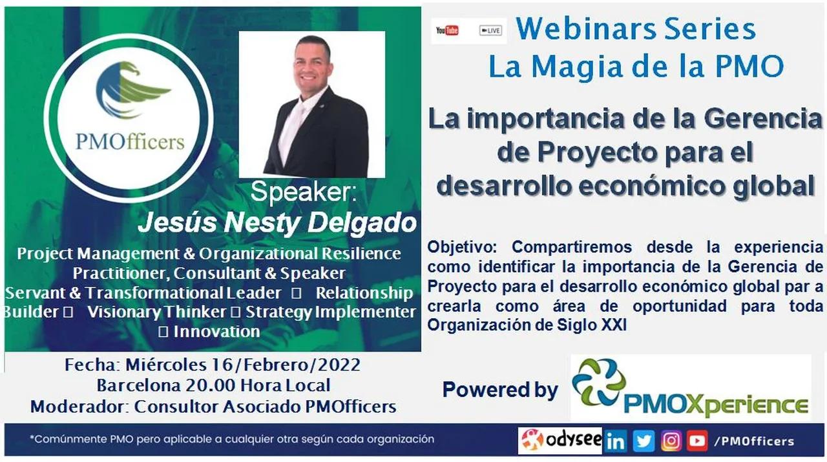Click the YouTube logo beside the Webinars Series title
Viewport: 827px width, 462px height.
447,30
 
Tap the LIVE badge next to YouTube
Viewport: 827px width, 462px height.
490,30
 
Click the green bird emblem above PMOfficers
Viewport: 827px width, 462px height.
132,90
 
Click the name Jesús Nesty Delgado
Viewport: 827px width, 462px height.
277,223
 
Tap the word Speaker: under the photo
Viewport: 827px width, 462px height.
303,192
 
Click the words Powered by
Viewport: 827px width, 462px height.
500,390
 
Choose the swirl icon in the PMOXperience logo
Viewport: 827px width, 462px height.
599,382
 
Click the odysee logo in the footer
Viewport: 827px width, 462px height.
560,441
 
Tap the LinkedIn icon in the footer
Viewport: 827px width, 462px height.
616,441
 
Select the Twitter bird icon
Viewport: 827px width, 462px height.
644,441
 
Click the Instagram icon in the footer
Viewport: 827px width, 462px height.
671,441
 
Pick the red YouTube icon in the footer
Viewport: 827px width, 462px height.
697,441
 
